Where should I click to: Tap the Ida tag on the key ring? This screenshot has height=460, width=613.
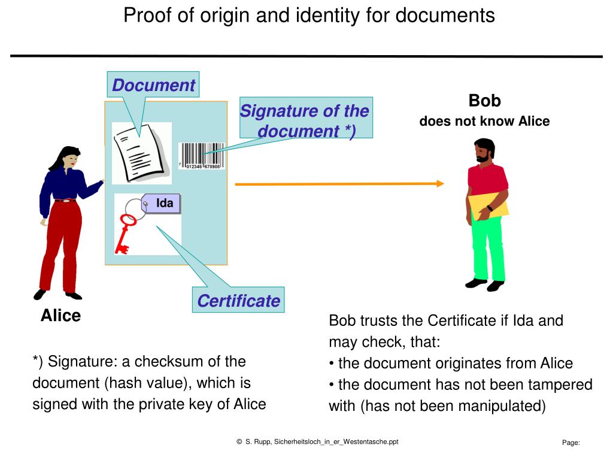(162, 204)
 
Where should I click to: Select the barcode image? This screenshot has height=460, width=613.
(202, 156)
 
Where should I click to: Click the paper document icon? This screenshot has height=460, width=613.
(140, 153)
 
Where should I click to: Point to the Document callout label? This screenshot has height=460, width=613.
(153, 85)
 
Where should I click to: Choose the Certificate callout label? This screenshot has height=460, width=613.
(238, 301)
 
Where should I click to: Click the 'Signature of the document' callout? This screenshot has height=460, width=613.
(305, 120)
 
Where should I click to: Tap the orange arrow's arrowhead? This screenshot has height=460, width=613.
(440, 183)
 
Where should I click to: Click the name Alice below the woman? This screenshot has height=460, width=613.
(60, 316)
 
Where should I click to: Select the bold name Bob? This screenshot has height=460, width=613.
(484, 100)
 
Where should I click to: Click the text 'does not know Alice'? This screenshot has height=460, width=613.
(484, 122)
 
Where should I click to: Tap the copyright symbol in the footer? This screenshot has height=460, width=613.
(239, 442)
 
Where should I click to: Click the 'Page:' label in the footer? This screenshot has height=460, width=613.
(570, 443)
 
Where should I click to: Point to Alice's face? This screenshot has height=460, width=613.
(72, 159)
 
